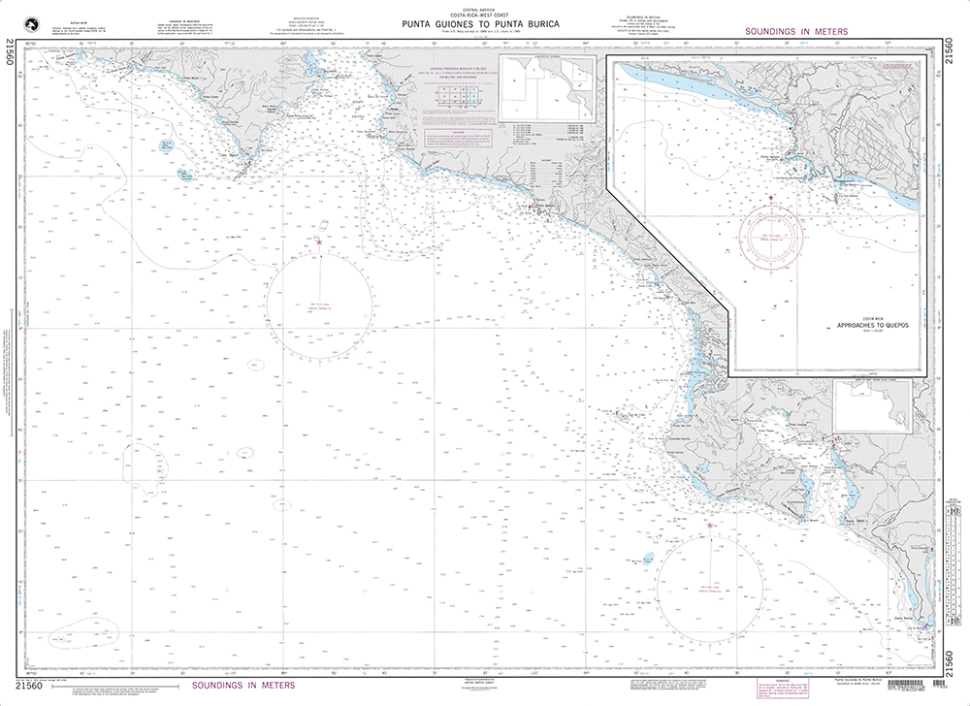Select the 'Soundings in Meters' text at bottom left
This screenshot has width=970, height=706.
click(x=243, y=686)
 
